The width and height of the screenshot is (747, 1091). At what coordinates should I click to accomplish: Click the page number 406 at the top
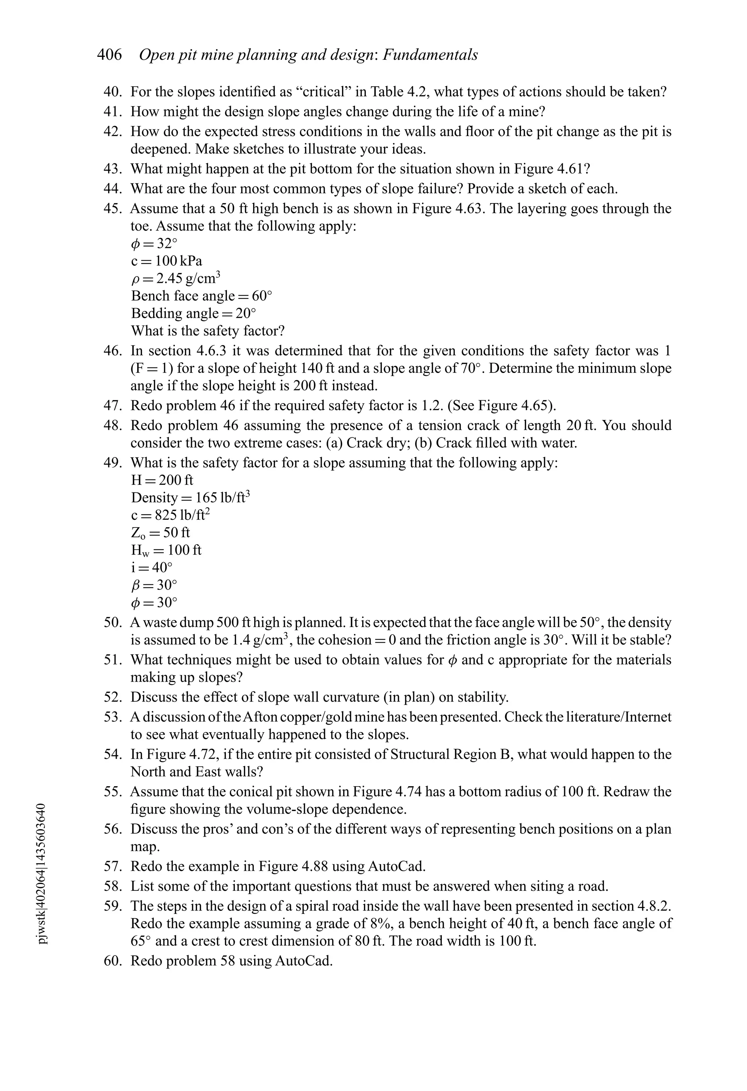109,55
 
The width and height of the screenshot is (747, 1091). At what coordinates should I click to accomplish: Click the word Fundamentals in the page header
430,55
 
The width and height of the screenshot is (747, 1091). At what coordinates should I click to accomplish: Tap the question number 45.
113,209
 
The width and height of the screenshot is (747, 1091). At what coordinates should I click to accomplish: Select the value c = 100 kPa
166,261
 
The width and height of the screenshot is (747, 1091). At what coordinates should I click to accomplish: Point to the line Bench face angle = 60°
201,296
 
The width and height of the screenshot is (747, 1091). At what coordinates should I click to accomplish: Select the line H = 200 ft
162,480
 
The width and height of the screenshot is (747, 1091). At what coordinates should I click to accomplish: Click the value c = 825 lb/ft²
170,515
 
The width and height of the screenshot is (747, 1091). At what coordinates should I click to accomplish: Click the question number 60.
113,961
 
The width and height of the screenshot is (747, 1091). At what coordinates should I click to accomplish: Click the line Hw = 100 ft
166,550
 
